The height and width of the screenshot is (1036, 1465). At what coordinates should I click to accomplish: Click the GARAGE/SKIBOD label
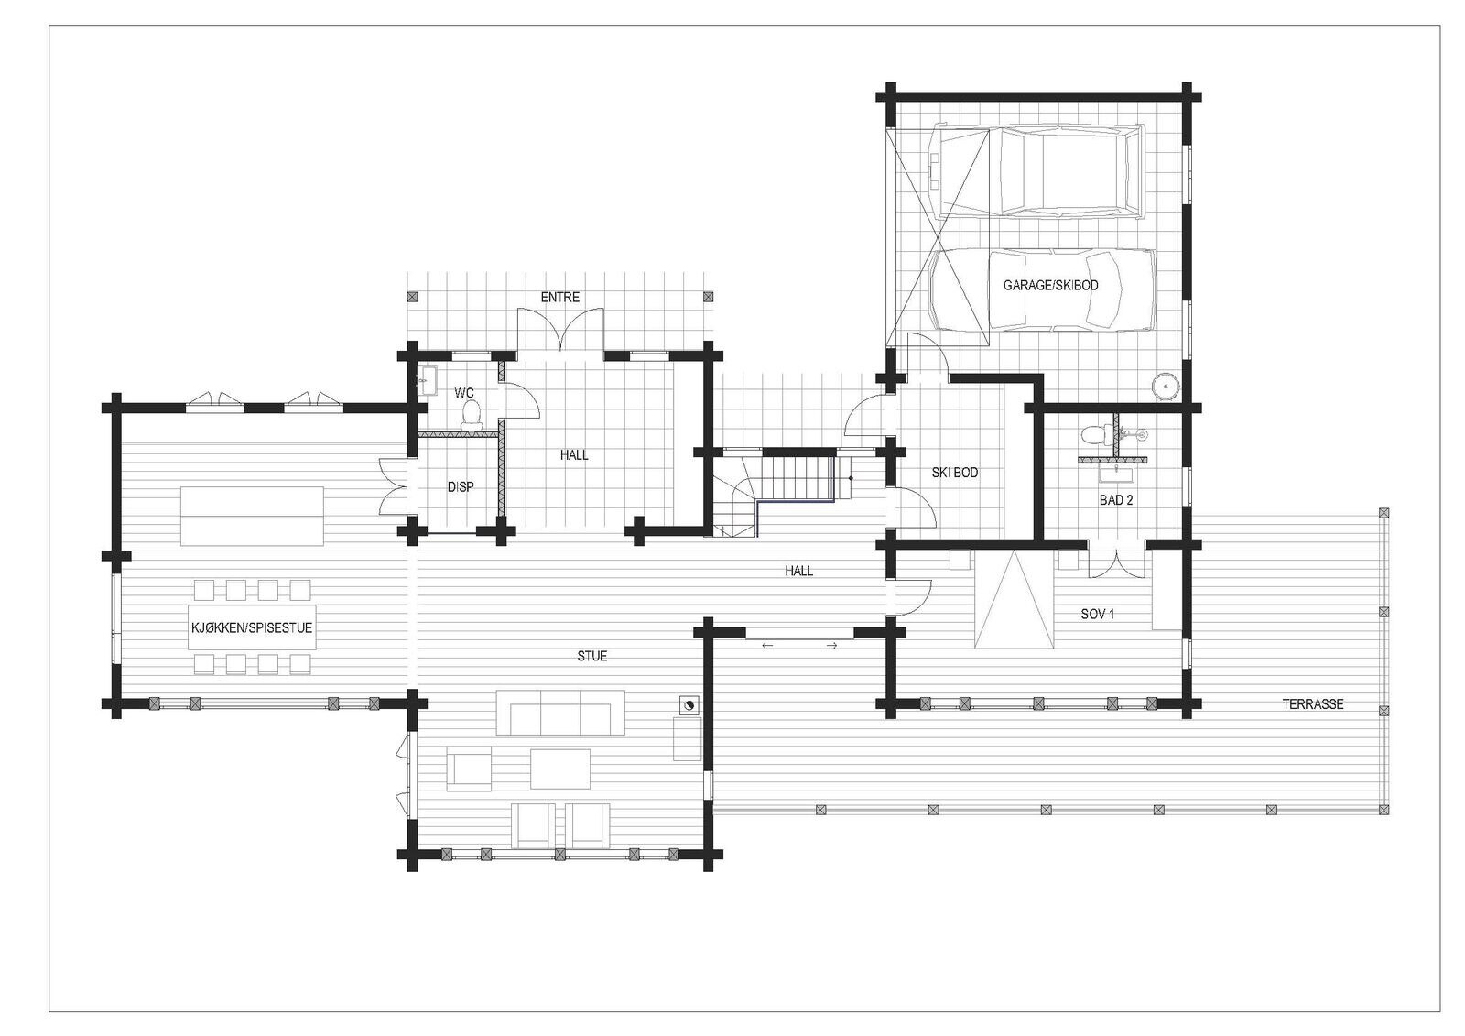point(1050,286)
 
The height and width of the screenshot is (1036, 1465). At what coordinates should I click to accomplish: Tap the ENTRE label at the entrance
point(559,297)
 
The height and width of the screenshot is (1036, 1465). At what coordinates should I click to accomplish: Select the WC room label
point(463,393)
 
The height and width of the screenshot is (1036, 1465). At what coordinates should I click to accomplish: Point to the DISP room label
point(461,487)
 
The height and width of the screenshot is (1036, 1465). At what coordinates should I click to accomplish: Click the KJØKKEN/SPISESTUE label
point(252,627)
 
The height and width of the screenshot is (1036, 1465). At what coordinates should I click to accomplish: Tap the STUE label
point(591,656)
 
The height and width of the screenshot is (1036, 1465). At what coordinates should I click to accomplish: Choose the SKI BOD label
point(955,473)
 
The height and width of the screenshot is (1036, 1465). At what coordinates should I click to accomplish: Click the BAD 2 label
point(1116,500)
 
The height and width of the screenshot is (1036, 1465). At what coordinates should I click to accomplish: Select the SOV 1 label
point(1098,614)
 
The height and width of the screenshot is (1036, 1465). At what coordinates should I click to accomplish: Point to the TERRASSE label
point(1313,704)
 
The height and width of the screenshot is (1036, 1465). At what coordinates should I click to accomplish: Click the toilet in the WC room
point(471,416)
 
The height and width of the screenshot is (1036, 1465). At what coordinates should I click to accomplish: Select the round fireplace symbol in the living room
point(688,704)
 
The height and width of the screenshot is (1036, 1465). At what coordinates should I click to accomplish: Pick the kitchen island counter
point(252,516)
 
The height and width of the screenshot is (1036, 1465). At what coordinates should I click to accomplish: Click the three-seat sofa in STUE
point(560,713)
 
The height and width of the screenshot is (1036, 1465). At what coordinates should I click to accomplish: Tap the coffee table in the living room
point(560,769)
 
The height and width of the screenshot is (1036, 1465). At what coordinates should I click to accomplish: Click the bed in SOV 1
point(1013,599)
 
